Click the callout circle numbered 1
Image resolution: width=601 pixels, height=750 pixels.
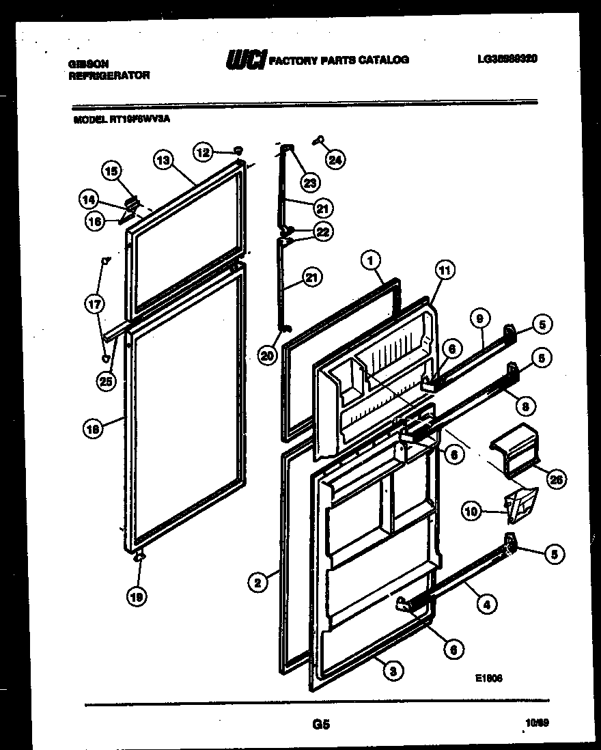click(x=369, y=260)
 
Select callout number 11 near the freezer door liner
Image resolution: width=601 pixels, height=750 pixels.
click(x=444, y=271)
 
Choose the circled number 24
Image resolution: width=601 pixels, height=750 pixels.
click(x=335, y=161)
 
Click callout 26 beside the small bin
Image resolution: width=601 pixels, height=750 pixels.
click(x=557, y=481)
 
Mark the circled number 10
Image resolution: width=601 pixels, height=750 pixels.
click(x=471, y=510)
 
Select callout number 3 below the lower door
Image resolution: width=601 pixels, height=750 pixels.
click(x=392, y=671)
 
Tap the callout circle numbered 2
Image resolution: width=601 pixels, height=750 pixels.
click(x=257, y=583)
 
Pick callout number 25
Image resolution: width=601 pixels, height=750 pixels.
click(x=105, y=382)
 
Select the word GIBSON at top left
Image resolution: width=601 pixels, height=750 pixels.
click(x=88, y=62)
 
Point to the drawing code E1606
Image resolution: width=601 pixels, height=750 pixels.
click(x=489, y=678)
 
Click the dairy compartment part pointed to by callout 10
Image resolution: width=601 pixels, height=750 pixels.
click(x=520, y=504)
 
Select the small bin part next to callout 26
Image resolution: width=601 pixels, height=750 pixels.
click(x=514, y=449)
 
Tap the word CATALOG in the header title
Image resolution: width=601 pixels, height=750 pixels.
click(x=385, y=59)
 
